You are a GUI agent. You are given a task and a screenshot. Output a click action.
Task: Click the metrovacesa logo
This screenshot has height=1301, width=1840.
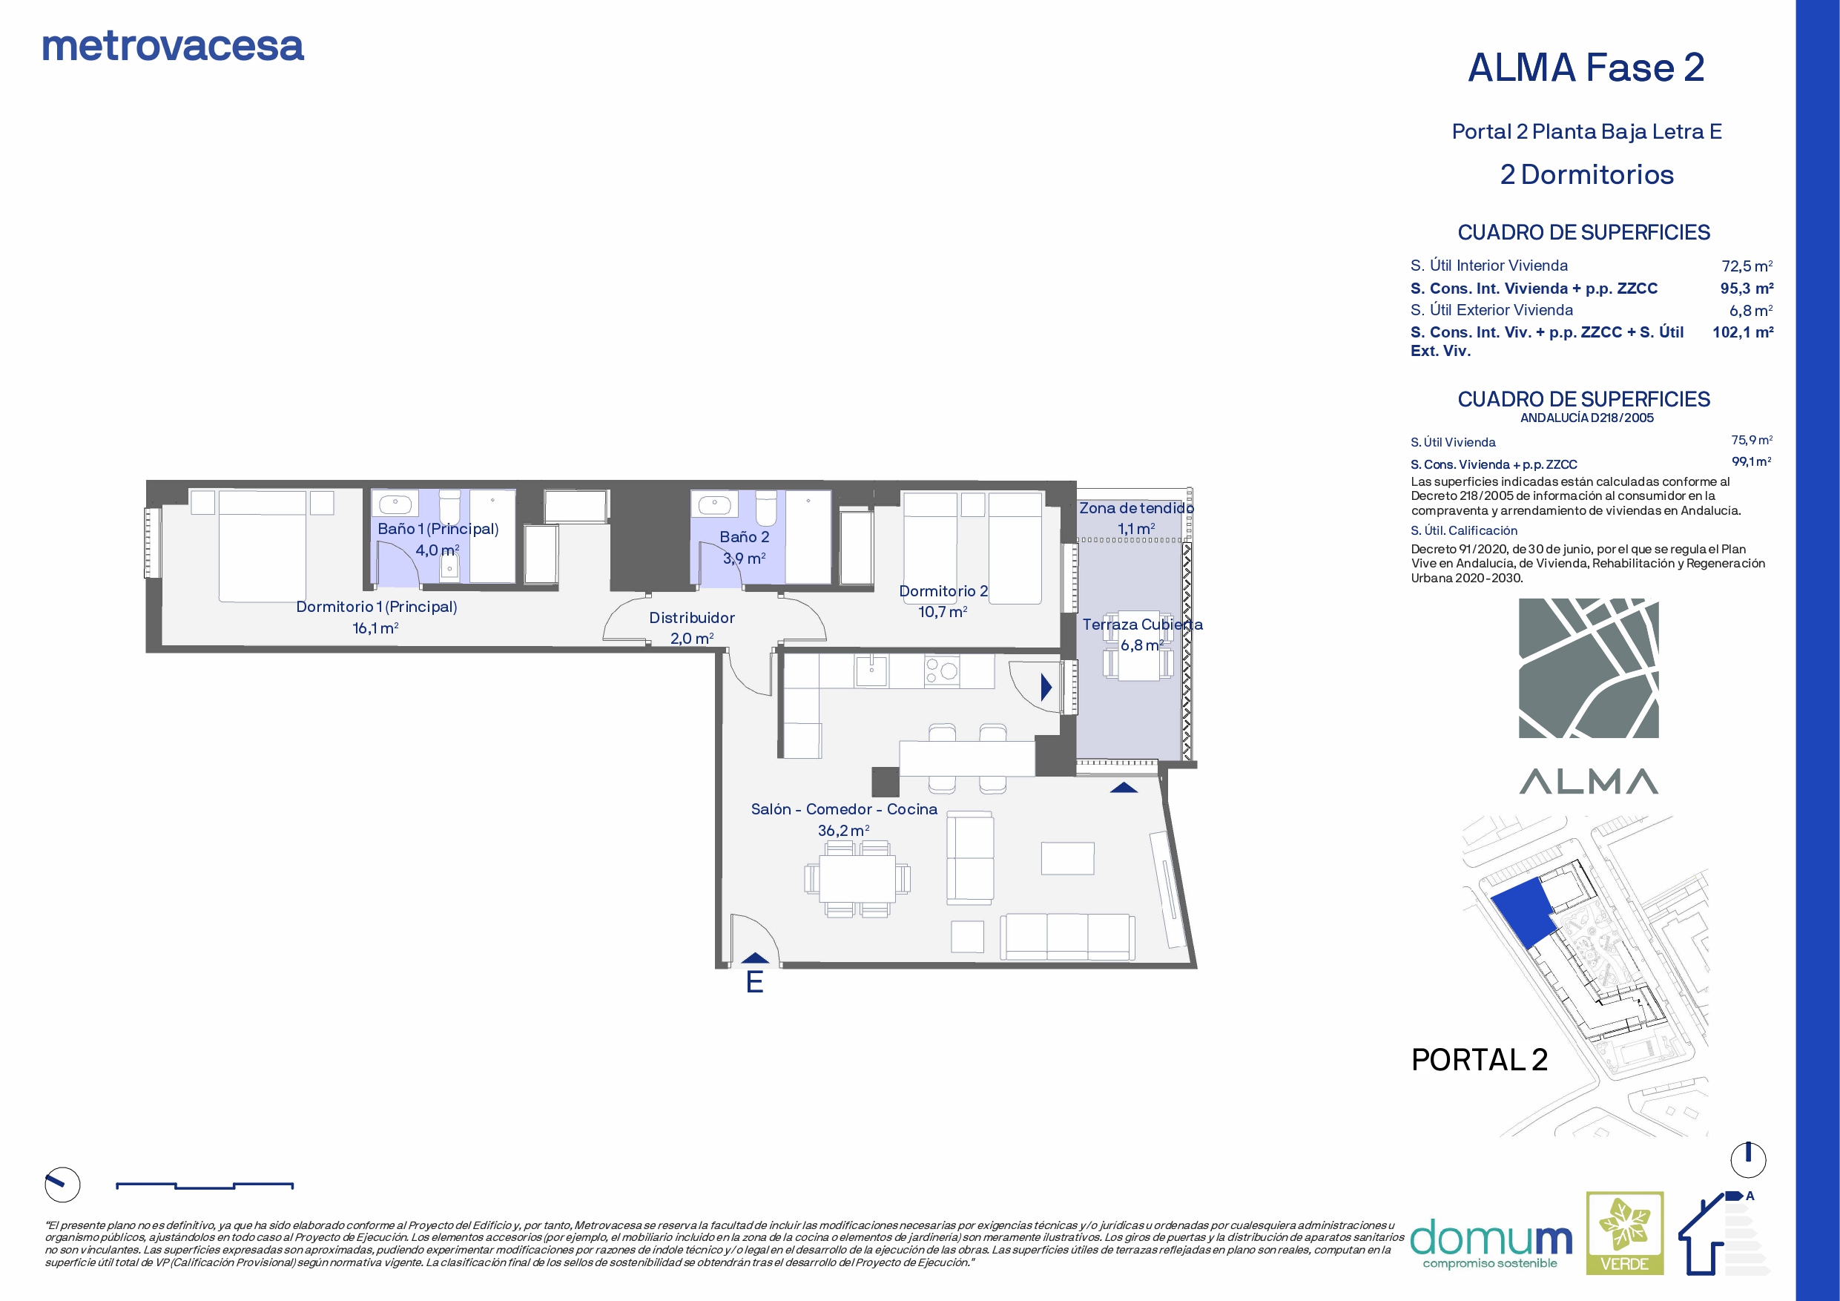pyautogui.click(x=173, y=47)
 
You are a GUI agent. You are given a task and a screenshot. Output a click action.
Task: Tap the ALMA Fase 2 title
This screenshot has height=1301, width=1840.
pyautogui.click(x=1586, y=67)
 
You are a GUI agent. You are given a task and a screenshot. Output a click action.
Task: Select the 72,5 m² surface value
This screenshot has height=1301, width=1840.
pyautogui.click(x=1747, y=266)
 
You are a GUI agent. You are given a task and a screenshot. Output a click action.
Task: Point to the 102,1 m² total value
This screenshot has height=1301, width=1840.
pyautogui.click(x=1743, y=332)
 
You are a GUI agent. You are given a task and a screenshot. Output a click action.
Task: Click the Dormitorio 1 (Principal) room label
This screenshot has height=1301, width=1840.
pyautogui.click(x=377, y=607)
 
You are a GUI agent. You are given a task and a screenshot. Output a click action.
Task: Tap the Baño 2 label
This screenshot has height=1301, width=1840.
pyautogui.click(x=745, y=537)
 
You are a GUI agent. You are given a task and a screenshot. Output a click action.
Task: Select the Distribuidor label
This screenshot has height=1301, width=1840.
pyautogui.click(x=692, y=617)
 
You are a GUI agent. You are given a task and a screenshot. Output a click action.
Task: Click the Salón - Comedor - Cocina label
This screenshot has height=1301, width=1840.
pyautogui.click(x=844, y=808)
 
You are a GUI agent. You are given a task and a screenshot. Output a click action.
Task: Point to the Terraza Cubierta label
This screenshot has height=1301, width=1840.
pyautogui.click(x=1142, y=625)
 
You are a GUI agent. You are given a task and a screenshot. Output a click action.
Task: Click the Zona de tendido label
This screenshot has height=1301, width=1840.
pyautogui.click(x=1136, y=508)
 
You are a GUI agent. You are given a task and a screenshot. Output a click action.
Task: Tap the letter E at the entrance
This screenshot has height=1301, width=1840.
pyautogui.click(x=754, y=982)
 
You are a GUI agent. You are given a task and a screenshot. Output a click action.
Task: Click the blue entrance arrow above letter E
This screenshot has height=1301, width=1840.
pyautogui.click(x=755, y=957)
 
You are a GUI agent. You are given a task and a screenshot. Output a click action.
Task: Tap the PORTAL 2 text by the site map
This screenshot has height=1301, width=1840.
pyautogui.click(x=1479, y=1060)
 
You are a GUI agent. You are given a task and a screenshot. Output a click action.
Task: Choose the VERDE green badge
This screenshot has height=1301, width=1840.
pyautogui.click(x=1624, y=1233)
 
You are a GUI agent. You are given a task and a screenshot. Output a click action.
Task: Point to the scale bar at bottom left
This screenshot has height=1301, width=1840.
pyautogui.click(x=205, y=1185)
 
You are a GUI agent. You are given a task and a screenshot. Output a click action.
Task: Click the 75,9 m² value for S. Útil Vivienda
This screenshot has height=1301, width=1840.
pyautogui.click(x=1752, y=440)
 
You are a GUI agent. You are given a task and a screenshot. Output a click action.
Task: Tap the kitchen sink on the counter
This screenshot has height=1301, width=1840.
pyautogui.click(x=871, y=671)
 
